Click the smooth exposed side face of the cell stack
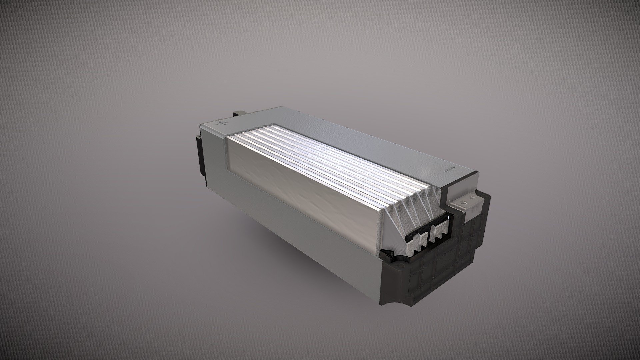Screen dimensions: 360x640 pyautogui.click(x=300, y=187)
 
